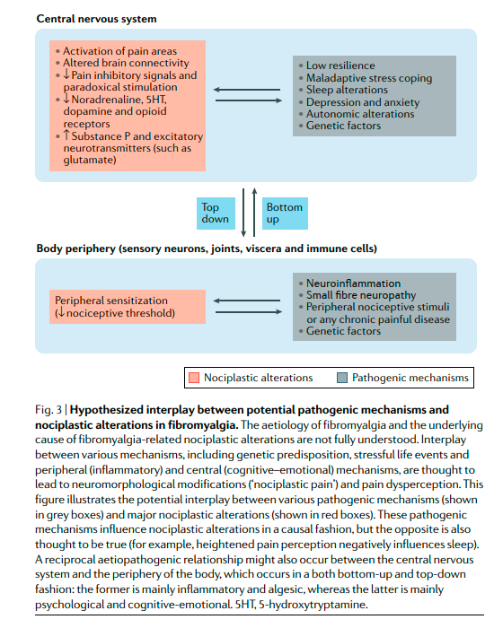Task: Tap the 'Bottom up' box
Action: pos(285,213)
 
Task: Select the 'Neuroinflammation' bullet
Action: pos(353,283)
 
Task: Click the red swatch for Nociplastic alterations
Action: pos(195,378)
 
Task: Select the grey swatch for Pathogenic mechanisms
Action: pos(343,378)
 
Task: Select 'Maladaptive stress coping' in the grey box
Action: pos(369,78)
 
